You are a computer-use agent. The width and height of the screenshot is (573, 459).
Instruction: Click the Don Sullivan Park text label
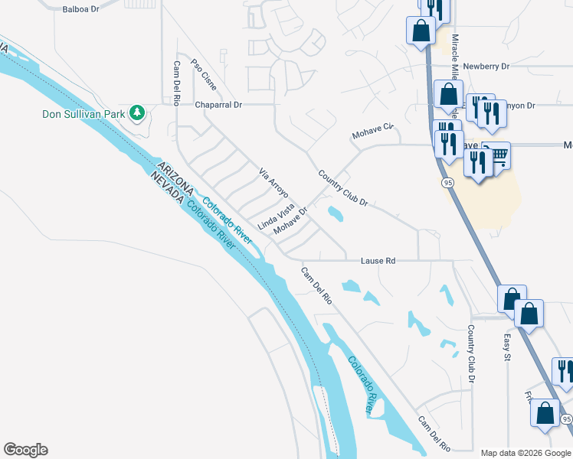tap(83, 114)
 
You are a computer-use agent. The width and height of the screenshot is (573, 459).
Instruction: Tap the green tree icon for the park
tap(137, 113)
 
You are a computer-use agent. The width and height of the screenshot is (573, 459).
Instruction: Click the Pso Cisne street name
tap(204, 72)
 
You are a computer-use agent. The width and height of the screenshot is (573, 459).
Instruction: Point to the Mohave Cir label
tap(372, 130)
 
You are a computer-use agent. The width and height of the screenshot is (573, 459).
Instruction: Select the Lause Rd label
tap(378, 261)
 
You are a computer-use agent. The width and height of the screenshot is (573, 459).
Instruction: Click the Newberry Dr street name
tap(486, 67)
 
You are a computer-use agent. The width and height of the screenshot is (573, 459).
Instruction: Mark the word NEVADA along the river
tap(167, 187)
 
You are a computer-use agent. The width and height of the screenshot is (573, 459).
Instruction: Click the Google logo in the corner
tap(25, 450)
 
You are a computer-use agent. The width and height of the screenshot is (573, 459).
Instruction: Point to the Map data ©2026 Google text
tap(526, 453)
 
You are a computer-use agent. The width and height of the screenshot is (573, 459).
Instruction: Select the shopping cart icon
tap(499, 156)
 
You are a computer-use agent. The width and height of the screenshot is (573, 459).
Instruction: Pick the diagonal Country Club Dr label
tap(343, 189)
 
